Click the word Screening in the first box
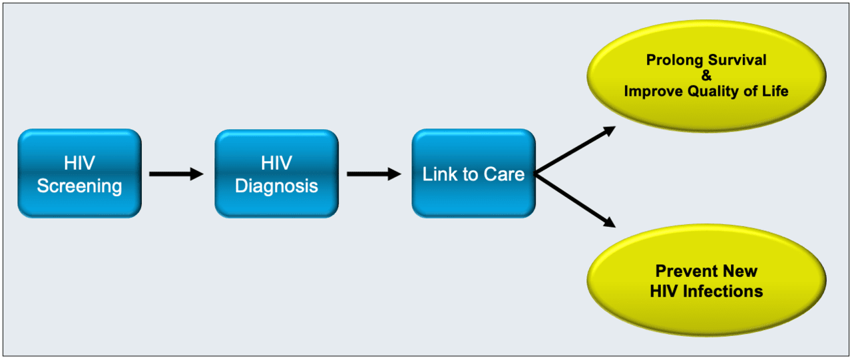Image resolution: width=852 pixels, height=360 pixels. (x=79, y=186)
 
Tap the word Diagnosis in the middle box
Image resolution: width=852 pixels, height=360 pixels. (x=276, y=186)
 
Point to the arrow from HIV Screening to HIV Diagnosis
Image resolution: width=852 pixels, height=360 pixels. (x=176, y=174)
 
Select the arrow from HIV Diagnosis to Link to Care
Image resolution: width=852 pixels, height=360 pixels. (x=373, y=174)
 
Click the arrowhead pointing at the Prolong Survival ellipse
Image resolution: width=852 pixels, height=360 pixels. (x=606, y=131)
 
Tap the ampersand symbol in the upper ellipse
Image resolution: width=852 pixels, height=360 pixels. (x=706, y=76)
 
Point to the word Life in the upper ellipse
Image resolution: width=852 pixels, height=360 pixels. (x=775, y=91)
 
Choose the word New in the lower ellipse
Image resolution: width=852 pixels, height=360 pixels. (x=741, y=271)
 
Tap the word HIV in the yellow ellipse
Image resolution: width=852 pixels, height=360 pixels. (x=666, y=291)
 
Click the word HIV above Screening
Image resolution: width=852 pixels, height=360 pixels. (x=79, y=164)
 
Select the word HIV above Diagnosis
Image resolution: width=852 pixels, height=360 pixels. (x=276, y=164)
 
